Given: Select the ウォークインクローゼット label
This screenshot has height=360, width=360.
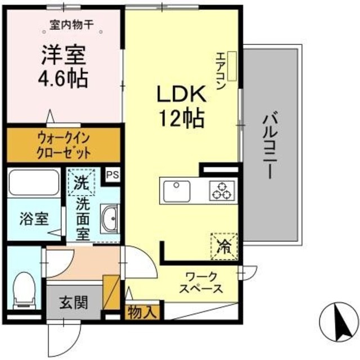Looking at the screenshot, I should [x=64, y=145].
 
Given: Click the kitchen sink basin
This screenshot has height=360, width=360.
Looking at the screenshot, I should [x=178, y=191].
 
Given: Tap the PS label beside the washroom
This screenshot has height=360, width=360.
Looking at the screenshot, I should [x=112, y=174].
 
